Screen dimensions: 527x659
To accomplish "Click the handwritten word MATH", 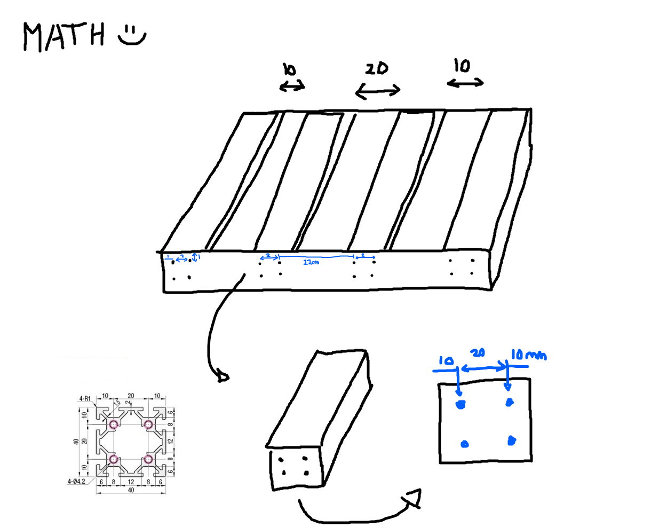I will (x=63, y=36).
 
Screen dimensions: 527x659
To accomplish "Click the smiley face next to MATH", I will (x=131, y=35).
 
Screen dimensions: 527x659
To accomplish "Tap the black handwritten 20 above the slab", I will (x=377, y=68).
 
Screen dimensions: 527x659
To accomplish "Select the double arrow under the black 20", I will (x=378, y=91).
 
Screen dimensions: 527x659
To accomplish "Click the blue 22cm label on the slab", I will (x=311, y=262).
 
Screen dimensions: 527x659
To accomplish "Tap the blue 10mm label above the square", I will (x=528, y=355).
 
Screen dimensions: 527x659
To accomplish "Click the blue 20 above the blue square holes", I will (x=478, y=353).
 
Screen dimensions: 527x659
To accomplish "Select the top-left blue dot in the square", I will (x=460, y=404).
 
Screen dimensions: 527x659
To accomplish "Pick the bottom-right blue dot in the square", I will (x=511, y=441).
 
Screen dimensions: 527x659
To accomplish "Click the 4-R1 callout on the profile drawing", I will (x=85, y=398).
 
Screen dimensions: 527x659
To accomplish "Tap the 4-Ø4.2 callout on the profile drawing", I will (x=76, y=482).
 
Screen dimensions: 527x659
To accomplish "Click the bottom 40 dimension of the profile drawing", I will (x=131, y=490).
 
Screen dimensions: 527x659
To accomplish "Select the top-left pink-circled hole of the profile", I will (x=113, y=424).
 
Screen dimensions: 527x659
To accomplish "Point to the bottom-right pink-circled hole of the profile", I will (x=148, y=459).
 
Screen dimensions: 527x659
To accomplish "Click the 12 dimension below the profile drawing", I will (x=131, y=482).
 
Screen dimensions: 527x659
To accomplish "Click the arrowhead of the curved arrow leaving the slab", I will (x=223, y=377).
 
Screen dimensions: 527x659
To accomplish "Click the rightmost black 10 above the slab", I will (x=462, y=66).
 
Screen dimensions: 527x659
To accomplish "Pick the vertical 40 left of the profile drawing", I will (x=76, y=442).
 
